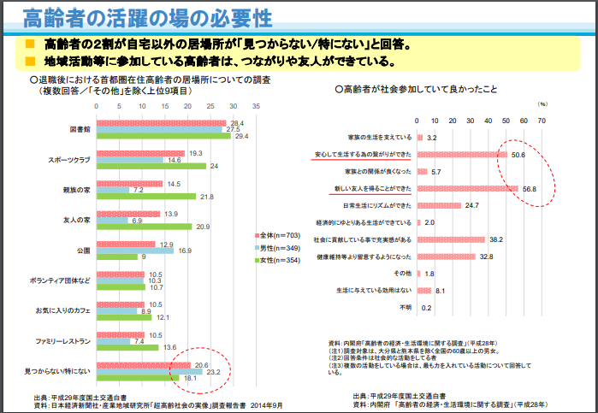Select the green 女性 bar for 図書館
(x=163, y=137)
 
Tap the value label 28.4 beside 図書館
(x=237, y=123)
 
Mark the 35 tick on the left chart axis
(x=256, y=107)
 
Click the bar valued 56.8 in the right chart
(x=467, y=188)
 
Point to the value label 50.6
(x=518, y=155)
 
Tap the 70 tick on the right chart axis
(x=542, y=121)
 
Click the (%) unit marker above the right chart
(x=542, y=103)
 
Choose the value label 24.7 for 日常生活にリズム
(x=472, y=205)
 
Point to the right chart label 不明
(x=404, y=307)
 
